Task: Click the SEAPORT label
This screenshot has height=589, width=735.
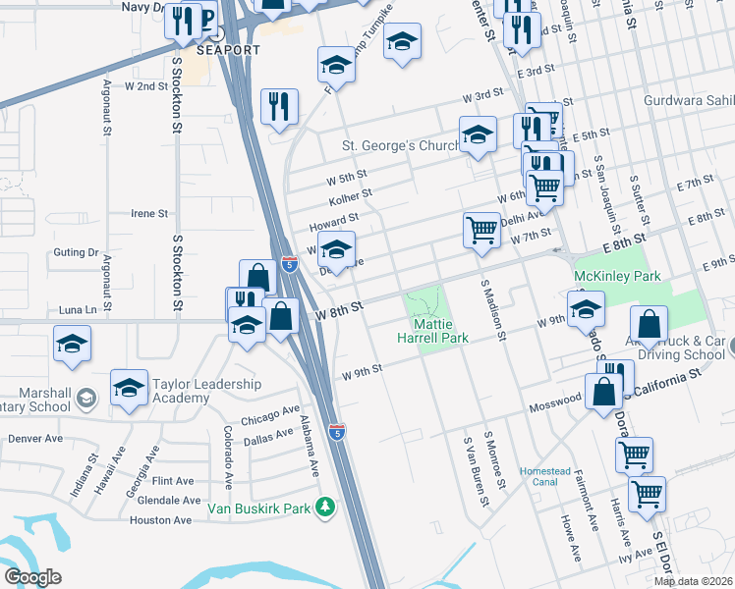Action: pos(228,50)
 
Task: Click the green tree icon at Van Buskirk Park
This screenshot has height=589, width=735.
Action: pos(324,508)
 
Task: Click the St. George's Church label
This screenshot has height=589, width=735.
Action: pos(401,146)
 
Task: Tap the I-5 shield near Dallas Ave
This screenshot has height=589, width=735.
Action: pos(337,432)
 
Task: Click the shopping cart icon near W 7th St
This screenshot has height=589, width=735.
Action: pos(481,231)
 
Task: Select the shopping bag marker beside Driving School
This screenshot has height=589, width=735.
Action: pos(650,324)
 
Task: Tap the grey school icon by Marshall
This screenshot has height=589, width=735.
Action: pos(86,397)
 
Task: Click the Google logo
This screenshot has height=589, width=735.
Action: pos(32,576)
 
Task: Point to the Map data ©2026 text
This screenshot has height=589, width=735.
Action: pos(693,581)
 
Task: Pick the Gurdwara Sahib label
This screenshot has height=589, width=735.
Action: pos(688,100)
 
